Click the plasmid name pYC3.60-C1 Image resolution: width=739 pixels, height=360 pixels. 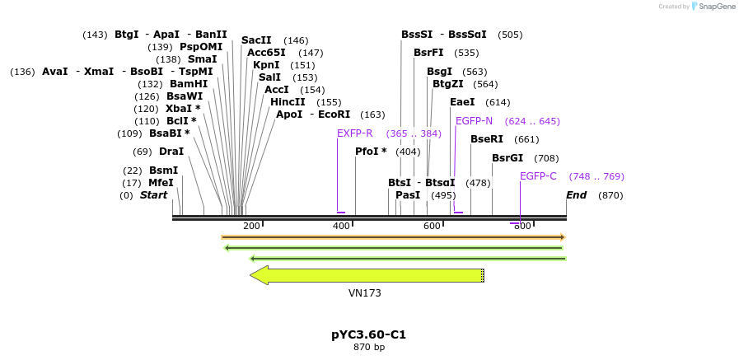coord(368,334)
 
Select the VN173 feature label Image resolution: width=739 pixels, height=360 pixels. coord(364,292)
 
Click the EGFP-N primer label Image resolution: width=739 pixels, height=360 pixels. coord(474,121)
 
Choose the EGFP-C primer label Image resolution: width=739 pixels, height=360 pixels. coord(538,176)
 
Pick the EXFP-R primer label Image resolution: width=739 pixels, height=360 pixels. coord(354,133)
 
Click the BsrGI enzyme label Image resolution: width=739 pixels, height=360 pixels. coord(507,158)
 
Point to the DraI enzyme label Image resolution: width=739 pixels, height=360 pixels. coord(171,152)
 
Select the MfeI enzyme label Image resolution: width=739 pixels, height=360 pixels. coord(161,183)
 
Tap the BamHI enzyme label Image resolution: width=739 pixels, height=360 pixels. coord(189,84)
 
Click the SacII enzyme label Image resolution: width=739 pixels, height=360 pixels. coord(256,40)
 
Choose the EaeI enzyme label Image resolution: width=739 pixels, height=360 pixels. coord(462,102)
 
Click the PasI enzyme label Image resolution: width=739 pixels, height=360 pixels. coord(408,195)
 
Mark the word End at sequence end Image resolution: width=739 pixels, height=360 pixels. coord(576,195)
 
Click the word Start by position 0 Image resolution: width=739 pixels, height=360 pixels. coord(153,195)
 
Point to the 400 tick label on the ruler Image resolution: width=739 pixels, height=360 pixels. coord(340,226)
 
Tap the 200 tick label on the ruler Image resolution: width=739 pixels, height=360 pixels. coord(251,226)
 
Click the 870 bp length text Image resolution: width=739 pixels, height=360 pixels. coord(368,348)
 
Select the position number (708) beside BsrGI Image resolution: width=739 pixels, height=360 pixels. coord(546,158)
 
